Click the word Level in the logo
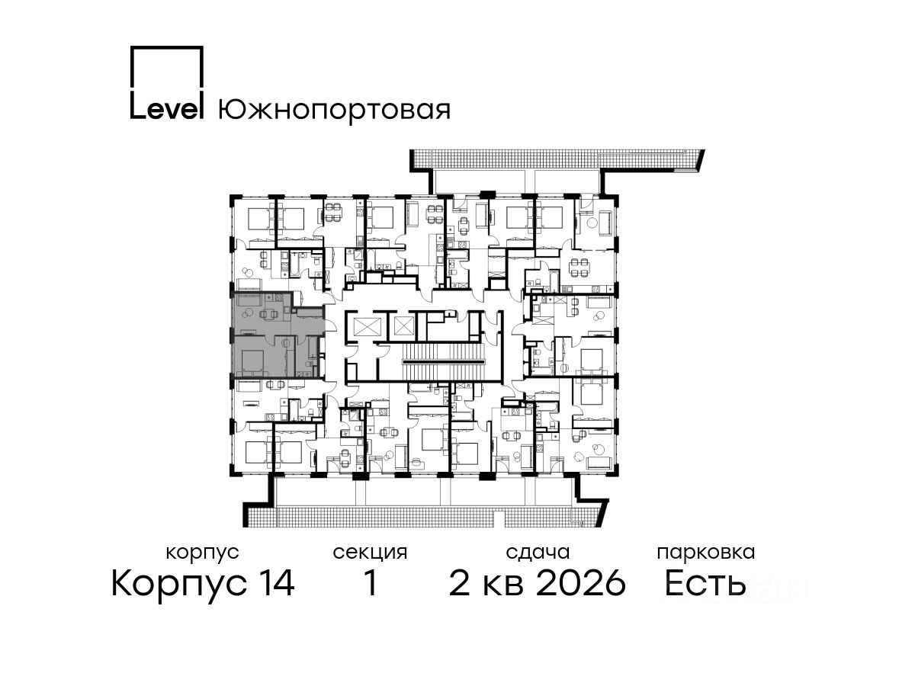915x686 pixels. (x=166, y=109)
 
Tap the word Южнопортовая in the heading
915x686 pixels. (x=334, y=111)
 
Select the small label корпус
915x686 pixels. (x=202, y=553)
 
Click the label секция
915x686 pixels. (x=370, y=553)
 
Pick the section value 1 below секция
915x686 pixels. (x=371, y=583)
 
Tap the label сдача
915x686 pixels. (x=538, y=553)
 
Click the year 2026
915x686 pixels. (x=581, y=584)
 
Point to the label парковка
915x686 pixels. (x=706, y=553)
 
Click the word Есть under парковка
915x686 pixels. (x=705, y=584)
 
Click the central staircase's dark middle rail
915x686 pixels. (x=445, y=362)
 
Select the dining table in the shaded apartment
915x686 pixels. (x=269, y=314)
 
